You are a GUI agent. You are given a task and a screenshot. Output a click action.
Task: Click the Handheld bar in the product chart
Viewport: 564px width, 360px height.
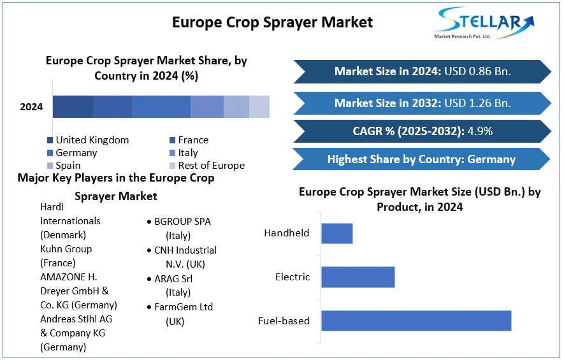click(x=337, y=233)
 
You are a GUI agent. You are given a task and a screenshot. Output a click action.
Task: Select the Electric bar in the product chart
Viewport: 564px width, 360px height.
click(x=358, y=277)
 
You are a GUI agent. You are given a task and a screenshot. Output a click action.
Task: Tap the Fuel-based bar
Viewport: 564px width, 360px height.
click(x=416, y=320)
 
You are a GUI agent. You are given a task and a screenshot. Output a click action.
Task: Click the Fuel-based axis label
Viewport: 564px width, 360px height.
click(x=284, y=320)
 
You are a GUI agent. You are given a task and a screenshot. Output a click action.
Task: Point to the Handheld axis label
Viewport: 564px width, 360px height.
click(x=287, y=233)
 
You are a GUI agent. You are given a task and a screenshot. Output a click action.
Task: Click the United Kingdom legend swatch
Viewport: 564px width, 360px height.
click(x=50, y=140)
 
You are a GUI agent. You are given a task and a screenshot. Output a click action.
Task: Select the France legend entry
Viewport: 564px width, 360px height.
click(x=189, y=140)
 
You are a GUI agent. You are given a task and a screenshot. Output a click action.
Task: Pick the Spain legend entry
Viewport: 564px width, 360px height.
click(x=64, y=166)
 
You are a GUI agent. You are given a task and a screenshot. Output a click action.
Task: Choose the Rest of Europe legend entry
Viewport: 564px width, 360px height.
click(x=207, y=166)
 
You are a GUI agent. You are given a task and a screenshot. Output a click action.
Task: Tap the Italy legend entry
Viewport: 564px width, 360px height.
click(x=184, y=153)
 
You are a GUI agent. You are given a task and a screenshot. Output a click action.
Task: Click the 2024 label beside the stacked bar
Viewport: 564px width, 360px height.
click(x=31, y=107)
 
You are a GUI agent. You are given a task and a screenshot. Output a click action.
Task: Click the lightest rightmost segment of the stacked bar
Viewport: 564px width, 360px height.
click(x=259, y=107)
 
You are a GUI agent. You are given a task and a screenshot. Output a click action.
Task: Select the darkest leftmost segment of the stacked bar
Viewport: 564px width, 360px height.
click(x=73, y=107)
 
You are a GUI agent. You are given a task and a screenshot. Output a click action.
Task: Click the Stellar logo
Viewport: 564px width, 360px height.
click(x=483, y=23)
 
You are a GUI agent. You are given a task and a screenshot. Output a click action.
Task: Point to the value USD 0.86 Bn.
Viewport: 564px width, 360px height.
click(x=477, y=71)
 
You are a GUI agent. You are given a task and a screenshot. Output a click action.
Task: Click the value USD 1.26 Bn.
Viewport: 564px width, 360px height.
click(x=477, y=103)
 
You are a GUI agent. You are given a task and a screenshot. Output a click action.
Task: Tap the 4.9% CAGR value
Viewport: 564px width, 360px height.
click(x=480, y=131)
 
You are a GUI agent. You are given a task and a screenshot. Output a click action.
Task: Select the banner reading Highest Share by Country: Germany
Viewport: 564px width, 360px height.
click(x=421, y=159)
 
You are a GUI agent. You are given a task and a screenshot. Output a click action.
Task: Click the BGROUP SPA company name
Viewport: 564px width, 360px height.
click(x=182, y=222)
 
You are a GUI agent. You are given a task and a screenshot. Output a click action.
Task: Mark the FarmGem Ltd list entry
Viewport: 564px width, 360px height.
click(x=184, y=306)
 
